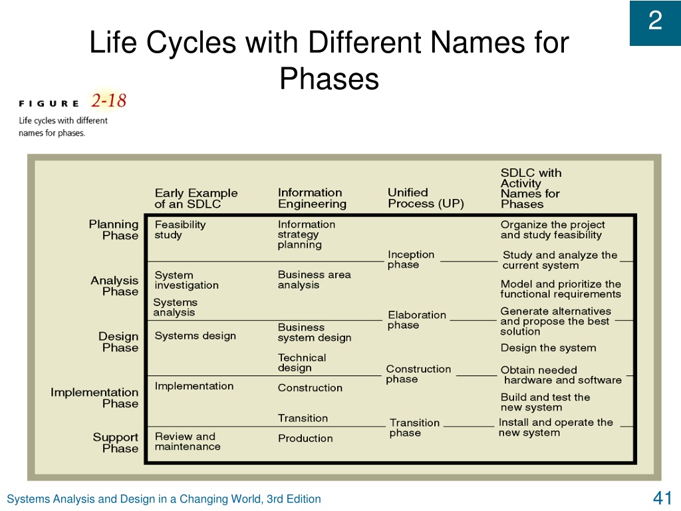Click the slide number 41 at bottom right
pos(662,498)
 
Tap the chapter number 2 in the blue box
pos(655,21)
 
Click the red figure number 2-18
pos(108,100)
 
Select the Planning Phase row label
pos(114,230)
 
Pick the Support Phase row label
pos(116,442)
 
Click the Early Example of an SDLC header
pos(196,198)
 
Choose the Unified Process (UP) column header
pos(426,198)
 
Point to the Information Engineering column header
pos(312,198)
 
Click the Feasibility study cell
pos(180,230)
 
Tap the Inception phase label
pos(411,259)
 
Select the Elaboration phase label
pos(417,320)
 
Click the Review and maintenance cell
pos(187,442)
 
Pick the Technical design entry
pos(302,363)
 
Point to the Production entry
pos(305,438)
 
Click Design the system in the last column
pos(548,348)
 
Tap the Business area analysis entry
pos(314,280)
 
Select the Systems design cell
pos(195,336)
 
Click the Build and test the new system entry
pos(545,403)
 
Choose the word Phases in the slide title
pos(329,79)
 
